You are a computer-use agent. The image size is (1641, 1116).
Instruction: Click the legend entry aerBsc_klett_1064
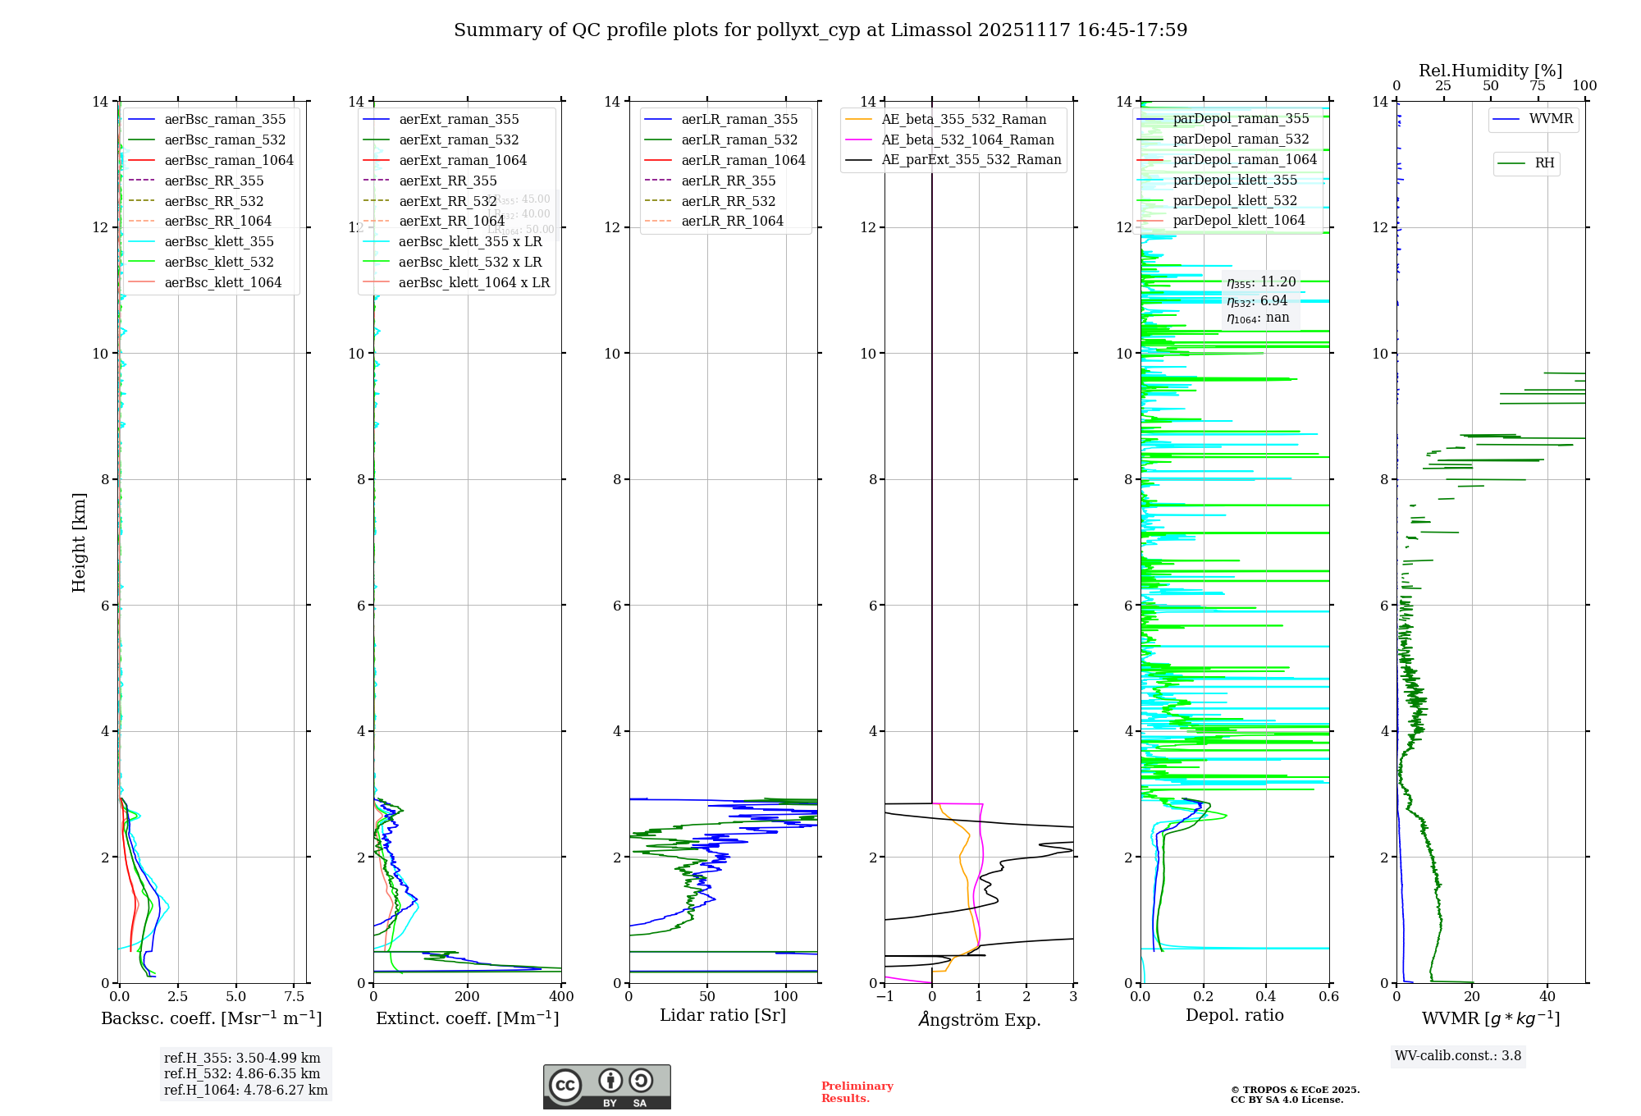[222, 282]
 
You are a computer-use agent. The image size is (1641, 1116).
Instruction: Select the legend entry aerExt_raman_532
[459, 139]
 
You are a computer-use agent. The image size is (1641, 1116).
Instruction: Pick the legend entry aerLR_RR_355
[728, 181]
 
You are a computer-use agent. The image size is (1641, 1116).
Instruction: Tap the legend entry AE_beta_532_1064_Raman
[967, 139]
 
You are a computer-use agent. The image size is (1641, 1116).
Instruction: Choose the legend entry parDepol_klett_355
[1235, 180]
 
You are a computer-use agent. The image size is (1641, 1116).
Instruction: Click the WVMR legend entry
[1551, 119]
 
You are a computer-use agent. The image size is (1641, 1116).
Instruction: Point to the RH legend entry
[1544, 163]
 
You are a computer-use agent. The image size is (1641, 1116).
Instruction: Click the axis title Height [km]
[79, 542]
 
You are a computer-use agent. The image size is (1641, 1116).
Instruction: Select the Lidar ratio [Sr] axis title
[722, 1015]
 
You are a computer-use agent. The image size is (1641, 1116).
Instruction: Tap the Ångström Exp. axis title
[979, 1019]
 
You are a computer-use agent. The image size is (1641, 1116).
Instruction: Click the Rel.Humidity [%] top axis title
[1490, 71]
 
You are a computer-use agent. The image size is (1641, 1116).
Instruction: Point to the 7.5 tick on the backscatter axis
[295, 996]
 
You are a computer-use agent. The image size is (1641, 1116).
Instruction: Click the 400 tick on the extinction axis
[561, 996]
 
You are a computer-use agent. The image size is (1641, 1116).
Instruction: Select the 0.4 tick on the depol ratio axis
[1266, 996]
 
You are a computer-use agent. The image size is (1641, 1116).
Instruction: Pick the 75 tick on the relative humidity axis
[1538, 86]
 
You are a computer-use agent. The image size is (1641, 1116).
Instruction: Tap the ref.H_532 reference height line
[242, 1073]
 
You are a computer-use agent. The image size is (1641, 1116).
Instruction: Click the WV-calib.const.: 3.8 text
[1458, 1055]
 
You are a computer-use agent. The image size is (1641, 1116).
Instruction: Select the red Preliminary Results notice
[857, 1091]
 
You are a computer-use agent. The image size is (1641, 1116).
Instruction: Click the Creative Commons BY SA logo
[606, 1086]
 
